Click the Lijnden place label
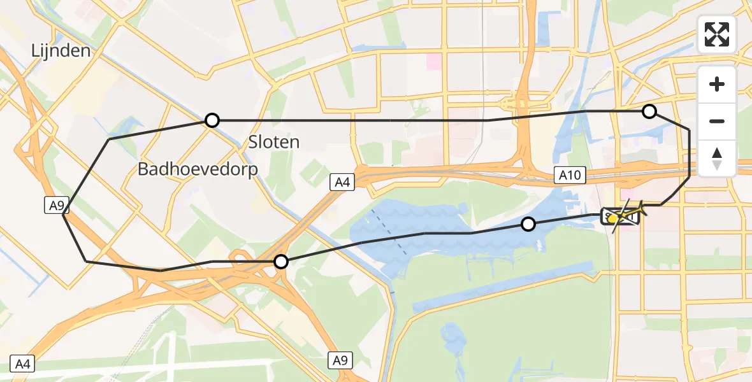(x=61, y=51)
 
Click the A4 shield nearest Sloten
(x=342, y=183)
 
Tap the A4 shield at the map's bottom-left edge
(x=22, y=364)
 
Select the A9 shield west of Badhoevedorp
(x=55, y=204)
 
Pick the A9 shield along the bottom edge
(x=340, y=360)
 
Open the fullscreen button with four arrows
(x=717, y=34)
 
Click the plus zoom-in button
(x=717, y=84)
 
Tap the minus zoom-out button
(x=717, y=121)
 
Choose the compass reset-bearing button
(x=717, y=158)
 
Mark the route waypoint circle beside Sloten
(x=212, y=120)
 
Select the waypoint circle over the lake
(x=528, y=224)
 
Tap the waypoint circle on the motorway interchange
(x=281, y=261)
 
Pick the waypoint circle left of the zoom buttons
(x=649, y=112)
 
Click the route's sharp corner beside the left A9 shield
(x=64, y=215)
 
